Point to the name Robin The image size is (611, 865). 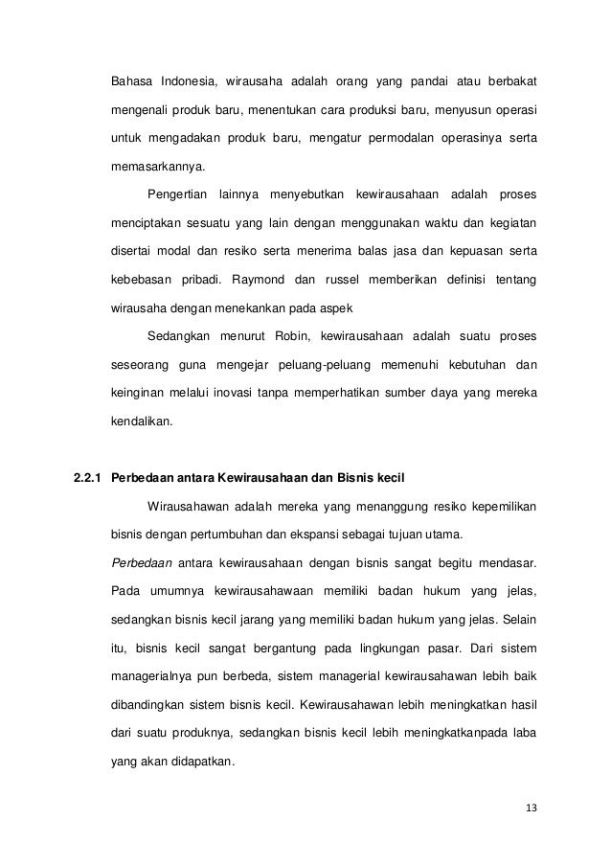pyautogui.click(x=300, y=336)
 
